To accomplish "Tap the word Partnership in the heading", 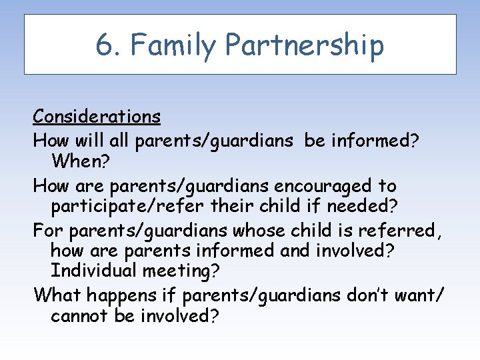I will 305,45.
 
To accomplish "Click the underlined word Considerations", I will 97,117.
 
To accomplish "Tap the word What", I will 55,294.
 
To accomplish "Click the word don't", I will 377,294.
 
